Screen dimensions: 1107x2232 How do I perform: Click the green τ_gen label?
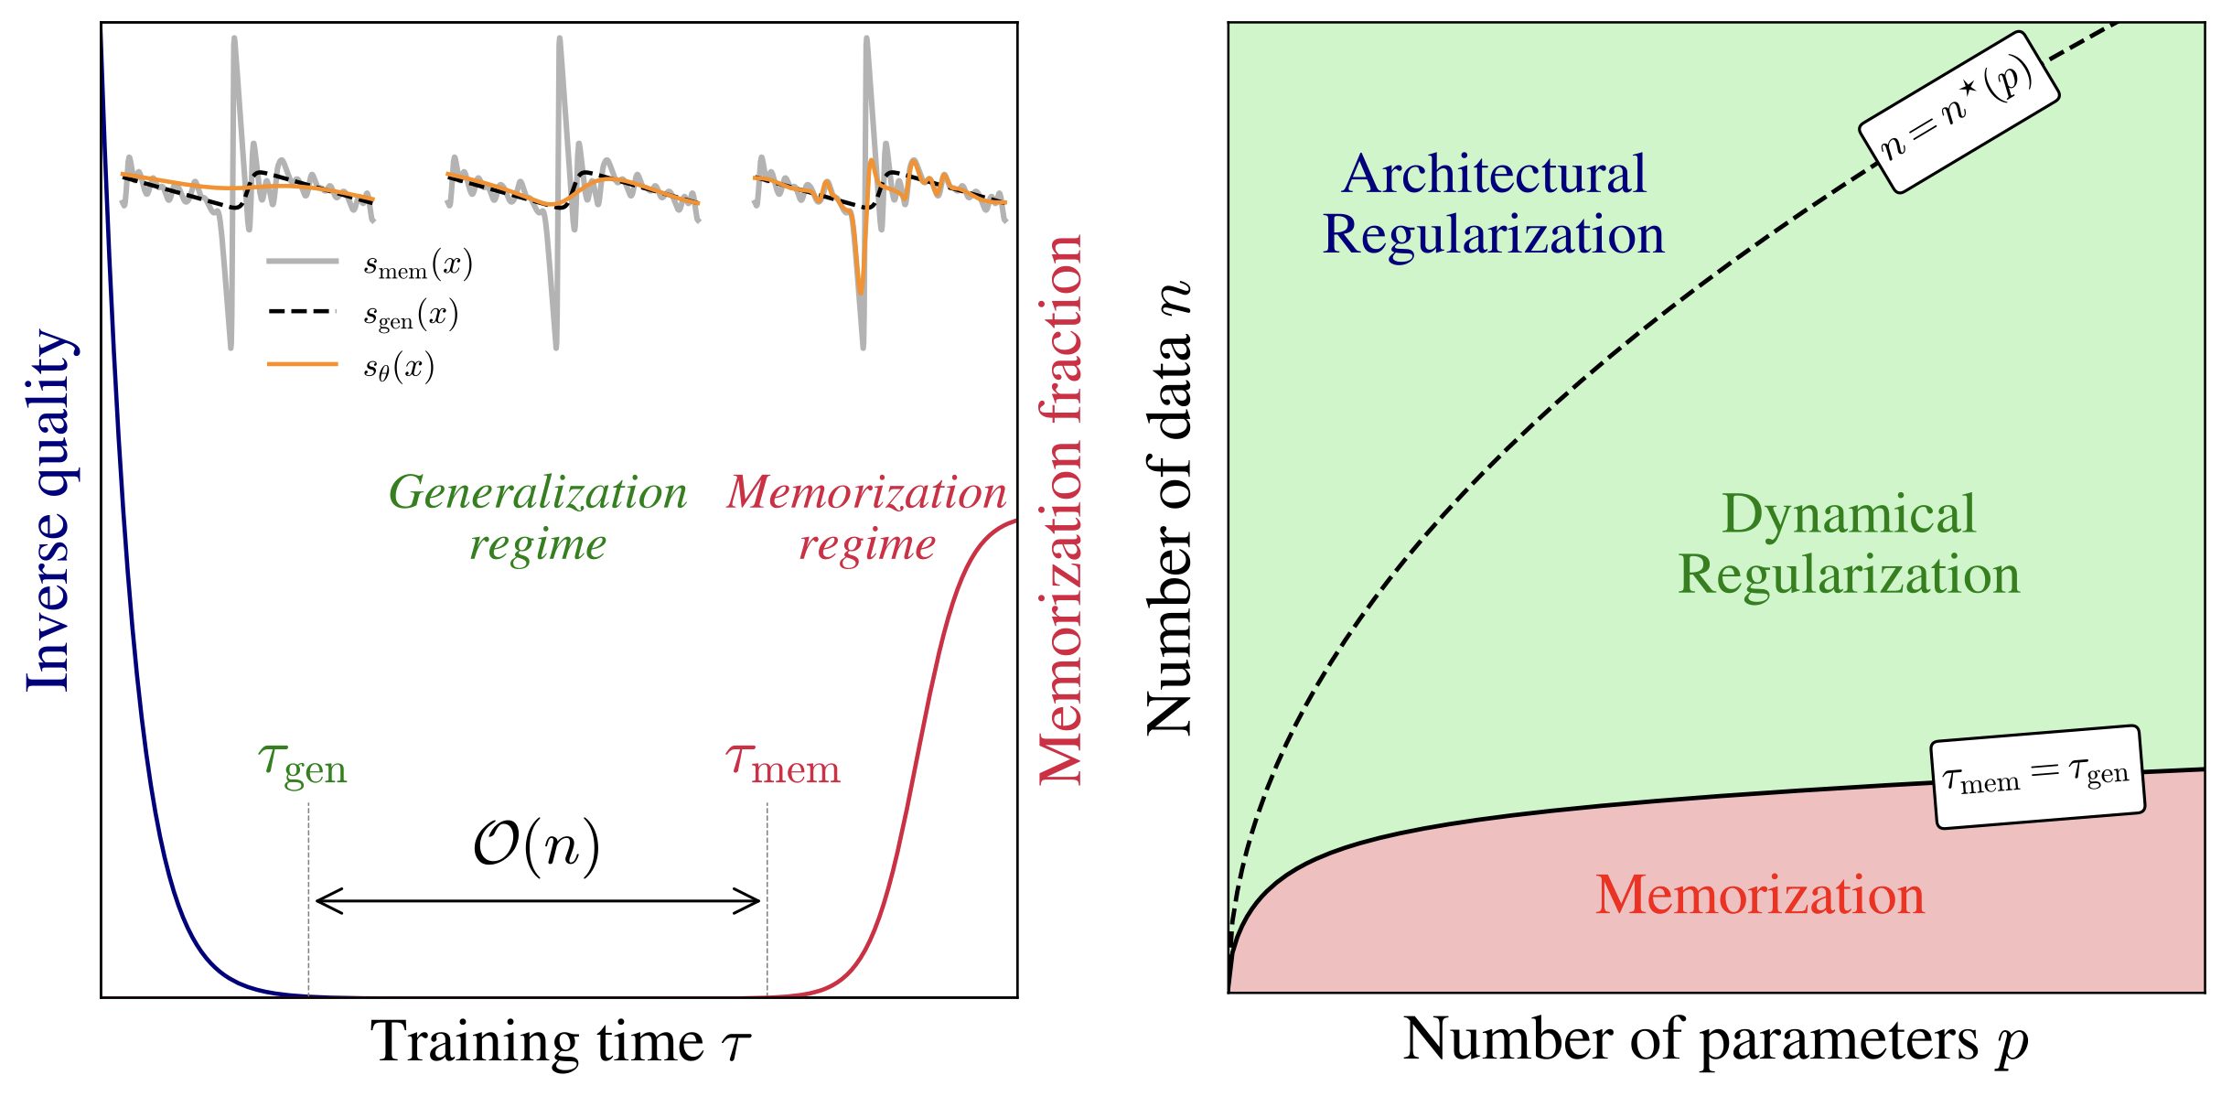303,765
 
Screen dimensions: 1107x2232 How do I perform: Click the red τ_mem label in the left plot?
783,765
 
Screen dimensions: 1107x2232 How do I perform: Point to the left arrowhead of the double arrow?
320,901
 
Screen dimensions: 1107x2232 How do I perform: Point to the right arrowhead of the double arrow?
754,901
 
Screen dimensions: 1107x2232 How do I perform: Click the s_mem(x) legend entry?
417,265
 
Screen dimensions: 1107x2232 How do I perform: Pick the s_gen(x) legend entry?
410,316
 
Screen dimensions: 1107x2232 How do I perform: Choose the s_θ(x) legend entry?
398,367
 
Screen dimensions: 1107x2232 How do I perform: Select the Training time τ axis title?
560,1042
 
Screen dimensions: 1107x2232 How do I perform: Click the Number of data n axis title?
1169,509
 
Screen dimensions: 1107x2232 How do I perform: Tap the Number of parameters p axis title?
1716,1040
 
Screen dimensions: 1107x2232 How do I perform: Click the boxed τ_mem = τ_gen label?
2037,778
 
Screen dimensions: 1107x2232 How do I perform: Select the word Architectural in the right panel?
1494,174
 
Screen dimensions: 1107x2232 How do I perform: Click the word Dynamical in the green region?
1849,514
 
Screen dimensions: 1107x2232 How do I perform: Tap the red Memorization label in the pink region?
1760,895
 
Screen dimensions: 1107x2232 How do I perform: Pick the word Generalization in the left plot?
538,493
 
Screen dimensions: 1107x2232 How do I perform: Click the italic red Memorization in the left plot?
866,493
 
